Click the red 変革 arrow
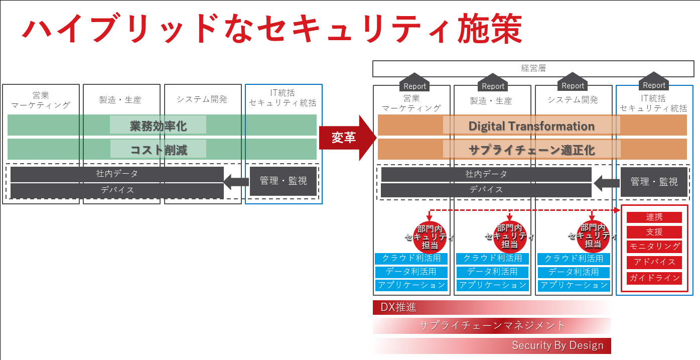(346, 138)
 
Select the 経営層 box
(533, 68)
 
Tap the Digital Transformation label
(531, 126)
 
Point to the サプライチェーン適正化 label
(531, 149)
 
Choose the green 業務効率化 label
(158, 125)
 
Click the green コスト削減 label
(158, 149)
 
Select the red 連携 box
(654, 217)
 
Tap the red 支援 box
(654, 232)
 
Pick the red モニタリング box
(654, 247)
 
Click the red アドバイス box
(654, 262)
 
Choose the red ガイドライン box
(654, 278)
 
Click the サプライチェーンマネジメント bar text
(492, 326)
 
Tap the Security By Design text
(557, 345)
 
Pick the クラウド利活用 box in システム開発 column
(574, 259)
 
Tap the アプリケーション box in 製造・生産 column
(492, 285)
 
